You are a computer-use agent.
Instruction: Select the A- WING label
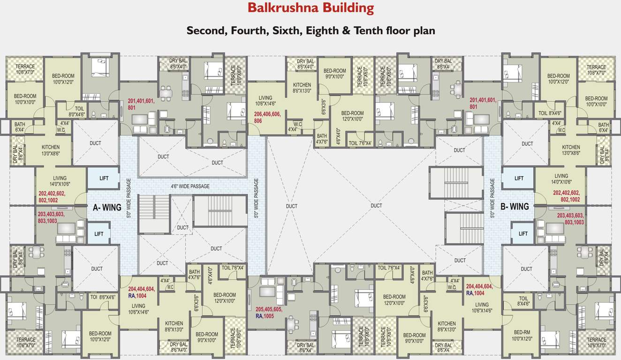(x=107, y=207)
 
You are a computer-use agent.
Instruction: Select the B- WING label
(x=515, y=206)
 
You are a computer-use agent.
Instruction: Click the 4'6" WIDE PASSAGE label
(x=190, y=186)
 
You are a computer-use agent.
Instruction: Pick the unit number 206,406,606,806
(x=267, y=117)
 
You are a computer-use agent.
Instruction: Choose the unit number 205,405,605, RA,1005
(x=269, y=313)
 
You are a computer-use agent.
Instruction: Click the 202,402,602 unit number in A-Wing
(x=52, y=196)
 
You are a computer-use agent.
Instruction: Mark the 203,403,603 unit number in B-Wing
(x=570, y=219)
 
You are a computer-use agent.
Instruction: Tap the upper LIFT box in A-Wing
(x=104, y=179)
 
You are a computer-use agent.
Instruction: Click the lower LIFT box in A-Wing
(x=98, y=233)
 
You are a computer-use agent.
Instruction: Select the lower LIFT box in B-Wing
(x=523, y=233)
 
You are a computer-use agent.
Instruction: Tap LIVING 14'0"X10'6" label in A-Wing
(x=60, y=181)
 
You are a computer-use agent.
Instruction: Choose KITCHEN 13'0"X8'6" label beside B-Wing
(x=571, y=150)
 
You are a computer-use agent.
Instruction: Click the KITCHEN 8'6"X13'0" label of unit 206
(x=302, y=88)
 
